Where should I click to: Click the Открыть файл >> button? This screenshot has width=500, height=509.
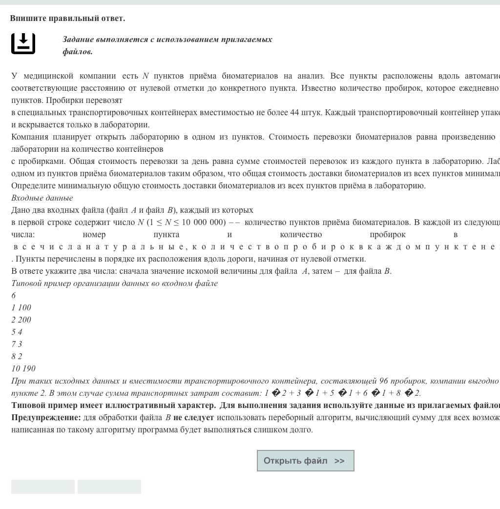tap(305, 461)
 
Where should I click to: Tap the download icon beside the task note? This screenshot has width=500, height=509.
tap(23, 43)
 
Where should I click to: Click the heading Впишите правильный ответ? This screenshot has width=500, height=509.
tap(67, 19)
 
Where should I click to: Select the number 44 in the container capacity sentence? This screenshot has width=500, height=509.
tap(294, 113)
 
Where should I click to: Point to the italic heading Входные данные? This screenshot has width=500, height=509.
tap(42, 198)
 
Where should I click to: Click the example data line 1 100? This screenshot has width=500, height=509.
tap(21, 308)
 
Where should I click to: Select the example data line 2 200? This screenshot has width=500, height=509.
tap(21, 320)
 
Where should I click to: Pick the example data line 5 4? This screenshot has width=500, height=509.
tap(17, 332)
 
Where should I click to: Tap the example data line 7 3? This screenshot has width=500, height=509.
tap(17, 345)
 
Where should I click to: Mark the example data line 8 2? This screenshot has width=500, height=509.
tap(17, 357)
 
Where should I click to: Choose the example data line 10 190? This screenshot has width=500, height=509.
tap(23, 369)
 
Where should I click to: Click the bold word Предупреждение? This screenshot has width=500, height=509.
tap(46, 418)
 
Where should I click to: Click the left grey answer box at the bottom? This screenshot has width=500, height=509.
tap(43, 487)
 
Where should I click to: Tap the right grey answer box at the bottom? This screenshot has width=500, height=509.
tap(109, 487)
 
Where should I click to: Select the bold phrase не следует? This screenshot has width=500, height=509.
tap(194, 418)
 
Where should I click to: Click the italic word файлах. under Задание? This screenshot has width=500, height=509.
tap(78, 52)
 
